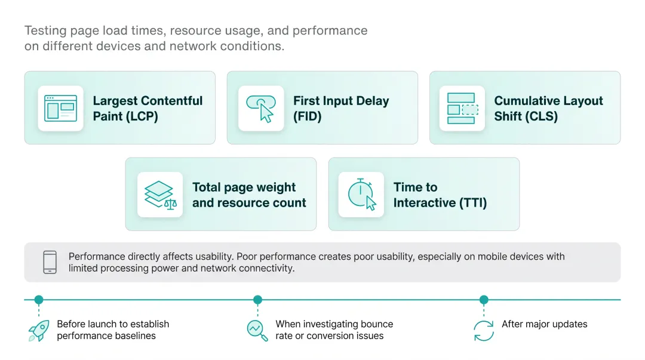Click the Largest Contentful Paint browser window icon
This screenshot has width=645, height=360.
click(60, 108)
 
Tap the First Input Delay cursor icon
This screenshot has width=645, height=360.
click(261, 109)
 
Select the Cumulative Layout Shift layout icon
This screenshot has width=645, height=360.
click(462, 109)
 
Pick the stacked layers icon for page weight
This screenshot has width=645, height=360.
click(160, 195)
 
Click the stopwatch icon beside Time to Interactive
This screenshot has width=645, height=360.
click(361, 195)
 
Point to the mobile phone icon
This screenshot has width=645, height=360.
click(50, 262)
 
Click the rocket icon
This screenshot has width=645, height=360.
click(39, 331)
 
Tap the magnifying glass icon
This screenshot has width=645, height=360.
click(257, 330)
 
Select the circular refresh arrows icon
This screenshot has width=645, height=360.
click(484, 331)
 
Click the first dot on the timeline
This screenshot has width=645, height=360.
click(39, 300)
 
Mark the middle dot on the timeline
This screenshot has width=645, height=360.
click(257, 300)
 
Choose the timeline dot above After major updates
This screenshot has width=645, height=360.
click(484, 300)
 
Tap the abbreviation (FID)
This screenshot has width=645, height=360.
click(308, 116)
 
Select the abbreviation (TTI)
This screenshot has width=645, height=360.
click(473, 203)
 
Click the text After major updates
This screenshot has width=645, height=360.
click(544, 324)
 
